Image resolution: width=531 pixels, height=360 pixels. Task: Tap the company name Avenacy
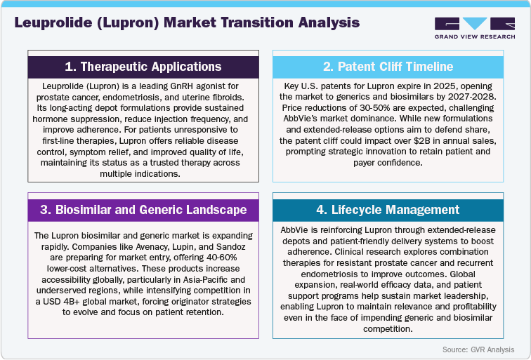[x=143, y=247]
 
